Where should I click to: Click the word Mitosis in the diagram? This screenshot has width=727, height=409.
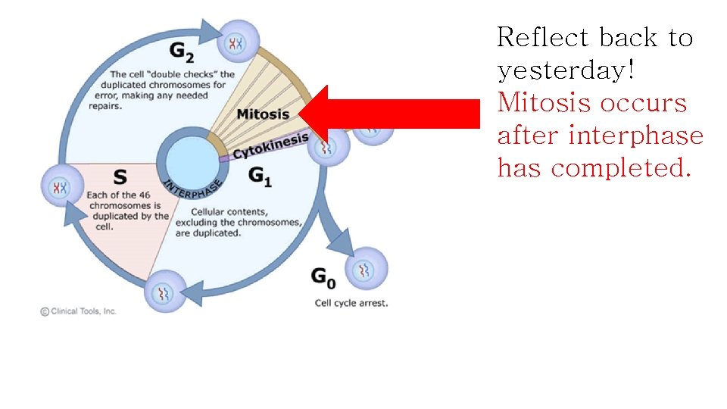click(263, 114)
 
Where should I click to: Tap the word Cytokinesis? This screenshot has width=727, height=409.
click(270, 146)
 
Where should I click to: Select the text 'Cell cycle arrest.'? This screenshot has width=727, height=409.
click(351, 303)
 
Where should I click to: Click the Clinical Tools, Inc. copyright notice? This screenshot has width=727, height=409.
click(79, 311)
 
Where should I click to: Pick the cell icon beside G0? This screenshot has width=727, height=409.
click(366, 268)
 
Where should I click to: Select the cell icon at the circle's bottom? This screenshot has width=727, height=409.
click(165, 290)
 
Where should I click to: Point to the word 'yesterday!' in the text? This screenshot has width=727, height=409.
click(565, 70)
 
